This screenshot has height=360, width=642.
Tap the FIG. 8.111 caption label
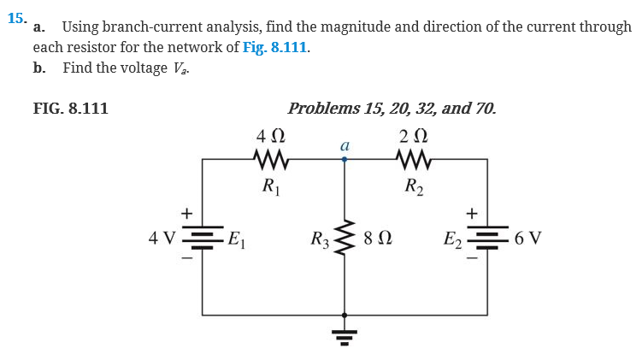pos(70,109)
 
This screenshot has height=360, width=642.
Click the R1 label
pos(270,185)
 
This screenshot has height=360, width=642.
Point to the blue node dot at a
pos(345,159)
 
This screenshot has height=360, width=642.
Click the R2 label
pos(414,185)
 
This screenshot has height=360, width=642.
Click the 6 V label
pos(528,237)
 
